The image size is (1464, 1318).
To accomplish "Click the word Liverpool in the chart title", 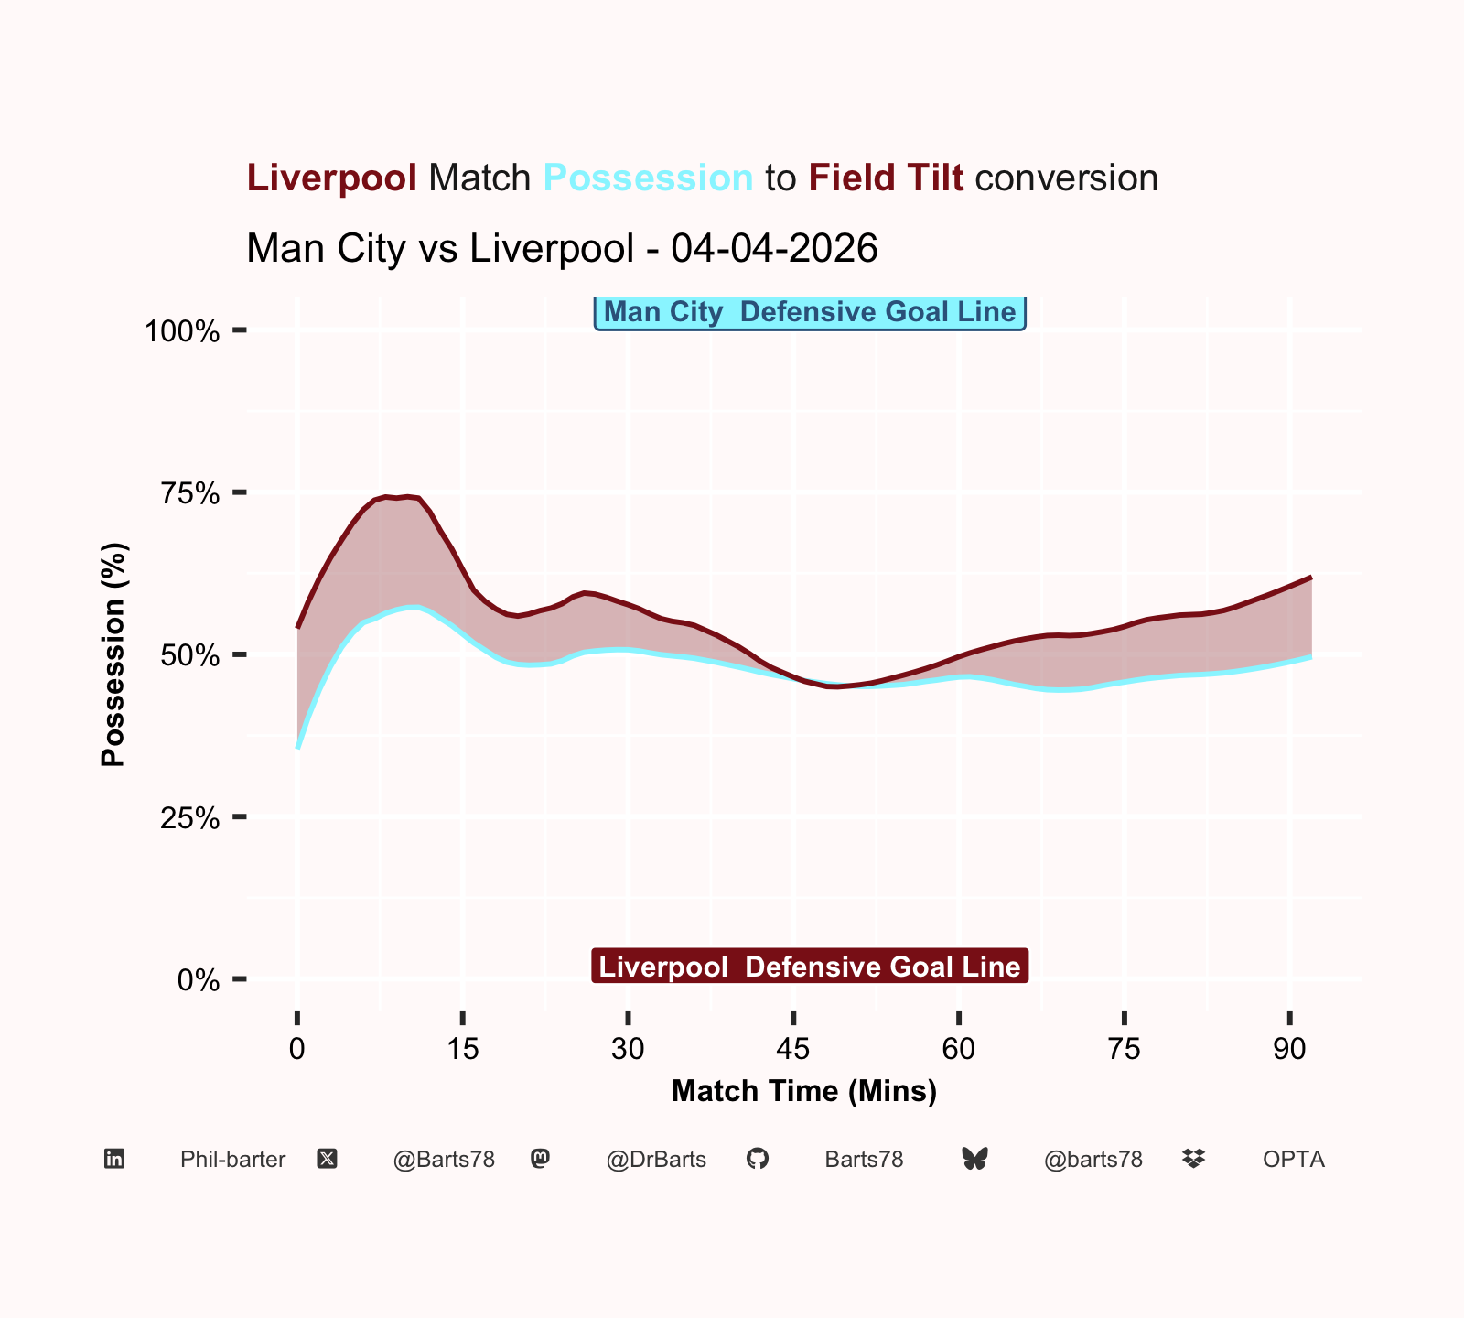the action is pos(332,178).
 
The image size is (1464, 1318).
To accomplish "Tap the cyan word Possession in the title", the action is pos(648,178).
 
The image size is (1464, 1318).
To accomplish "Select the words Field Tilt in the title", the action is pos(886,178).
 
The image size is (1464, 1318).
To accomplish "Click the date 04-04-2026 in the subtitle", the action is pos(774,248).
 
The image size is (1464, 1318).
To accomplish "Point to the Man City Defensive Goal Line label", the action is pos(810,312).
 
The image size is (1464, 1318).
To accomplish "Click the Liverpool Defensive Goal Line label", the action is pos(810,967).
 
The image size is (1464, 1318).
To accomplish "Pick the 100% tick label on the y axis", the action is pos(183,330).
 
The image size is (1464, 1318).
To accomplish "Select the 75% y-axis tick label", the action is pos(190,493).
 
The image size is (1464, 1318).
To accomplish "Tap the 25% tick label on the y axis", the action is pos(190,817).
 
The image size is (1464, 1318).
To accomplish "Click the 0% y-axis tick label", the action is pos(198,980).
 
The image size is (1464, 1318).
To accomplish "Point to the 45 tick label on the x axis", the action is pos(793,1049).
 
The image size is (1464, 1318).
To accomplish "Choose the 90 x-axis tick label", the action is pos(1289,1049).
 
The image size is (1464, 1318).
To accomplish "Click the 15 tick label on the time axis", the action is pos(463,1049).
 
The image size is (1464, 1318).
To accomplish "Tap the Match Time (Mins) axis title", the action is pos(804,1091).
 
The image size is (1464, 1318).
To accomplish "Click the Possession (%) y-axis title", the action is pos(113,654).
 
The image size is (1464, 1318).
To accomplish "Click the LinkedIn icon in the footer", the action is pos(114,1160).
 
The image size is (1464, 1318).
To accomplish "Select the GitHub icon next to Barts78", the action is pos(758,1160).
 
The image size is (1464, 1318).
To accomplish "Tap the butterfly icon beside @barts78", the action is pos(975,1160).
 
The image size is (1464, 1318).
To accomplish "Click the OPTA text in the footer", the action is pos(1294,1160).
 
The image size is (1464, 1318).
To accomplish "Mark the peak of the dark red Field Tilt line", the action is pos(406,496).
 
